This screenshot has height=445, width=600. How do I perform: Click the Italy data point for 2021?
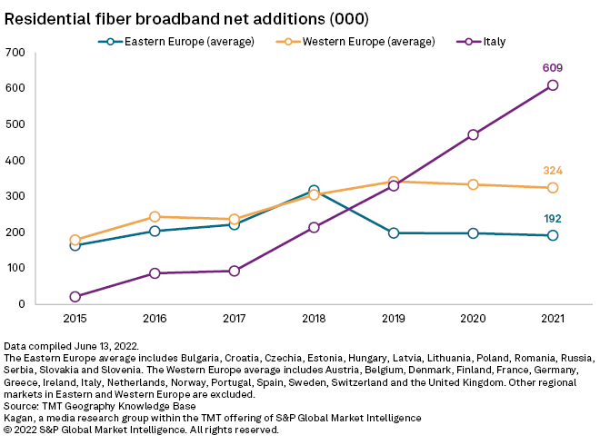tap(553, 85)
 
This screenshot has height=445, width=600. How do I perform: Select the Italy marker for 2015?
tap(75, 297)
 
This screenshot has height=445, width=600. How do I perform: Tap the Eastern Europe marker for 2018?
tap(314, 191)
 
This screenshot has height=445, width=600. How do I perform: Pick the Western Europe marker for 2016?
tap(155, 217)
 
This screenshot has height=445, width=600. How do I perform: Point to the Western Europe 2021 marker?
tap(553, 188)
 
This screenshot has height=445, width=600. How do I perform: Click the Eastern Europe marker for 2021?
tap(553, 235)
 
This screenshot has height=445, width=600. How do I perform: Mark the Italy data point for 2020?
tap(473, 134)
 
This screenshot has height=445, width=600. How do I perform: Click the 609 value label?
tap(553, 67)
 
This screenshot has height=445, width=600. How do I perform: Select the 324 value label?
tap(553, 171)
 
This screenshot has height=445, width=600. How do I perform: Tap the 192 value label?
tap(553, 219)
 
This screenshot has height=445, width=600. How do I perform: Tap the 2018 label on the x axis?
tap(314, 319)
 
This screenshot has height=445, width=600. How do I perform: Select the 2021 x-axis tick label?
tap(553, 319)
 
